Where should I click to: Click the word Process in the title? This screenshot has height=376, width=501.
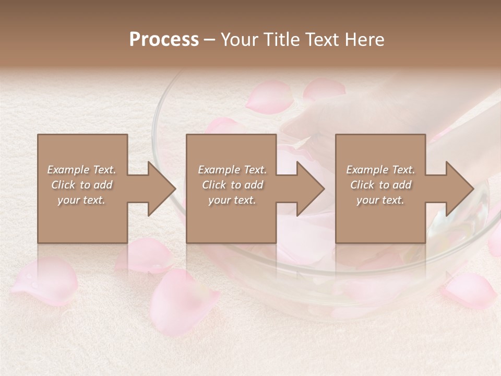[x=164, y=39]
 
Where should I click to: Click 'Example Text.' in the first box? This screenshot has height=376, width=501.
[x=82, y=170]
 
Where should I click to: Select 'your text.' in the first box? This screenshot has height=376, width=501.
[x=82, y=200]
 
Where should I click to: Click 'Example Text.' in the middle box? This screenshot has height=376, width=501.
[x=232, y=170]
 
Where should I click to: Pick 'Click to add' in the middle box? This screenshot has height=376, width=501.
[x=232, y=185]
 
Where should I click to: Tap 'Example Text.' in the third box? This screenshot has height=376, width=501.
[x=380, y=170]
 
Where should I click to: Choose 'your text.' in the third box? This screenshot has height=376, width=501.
[x=380, y=200]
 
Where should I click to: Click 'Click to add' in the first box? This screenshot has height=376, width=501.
[x=82, y=185]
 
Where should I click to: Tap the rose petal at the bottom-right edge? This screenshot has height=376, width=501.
[x=470, y=290]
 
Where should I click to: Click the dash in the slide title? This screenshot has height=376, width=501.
[x=210, y=40]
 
